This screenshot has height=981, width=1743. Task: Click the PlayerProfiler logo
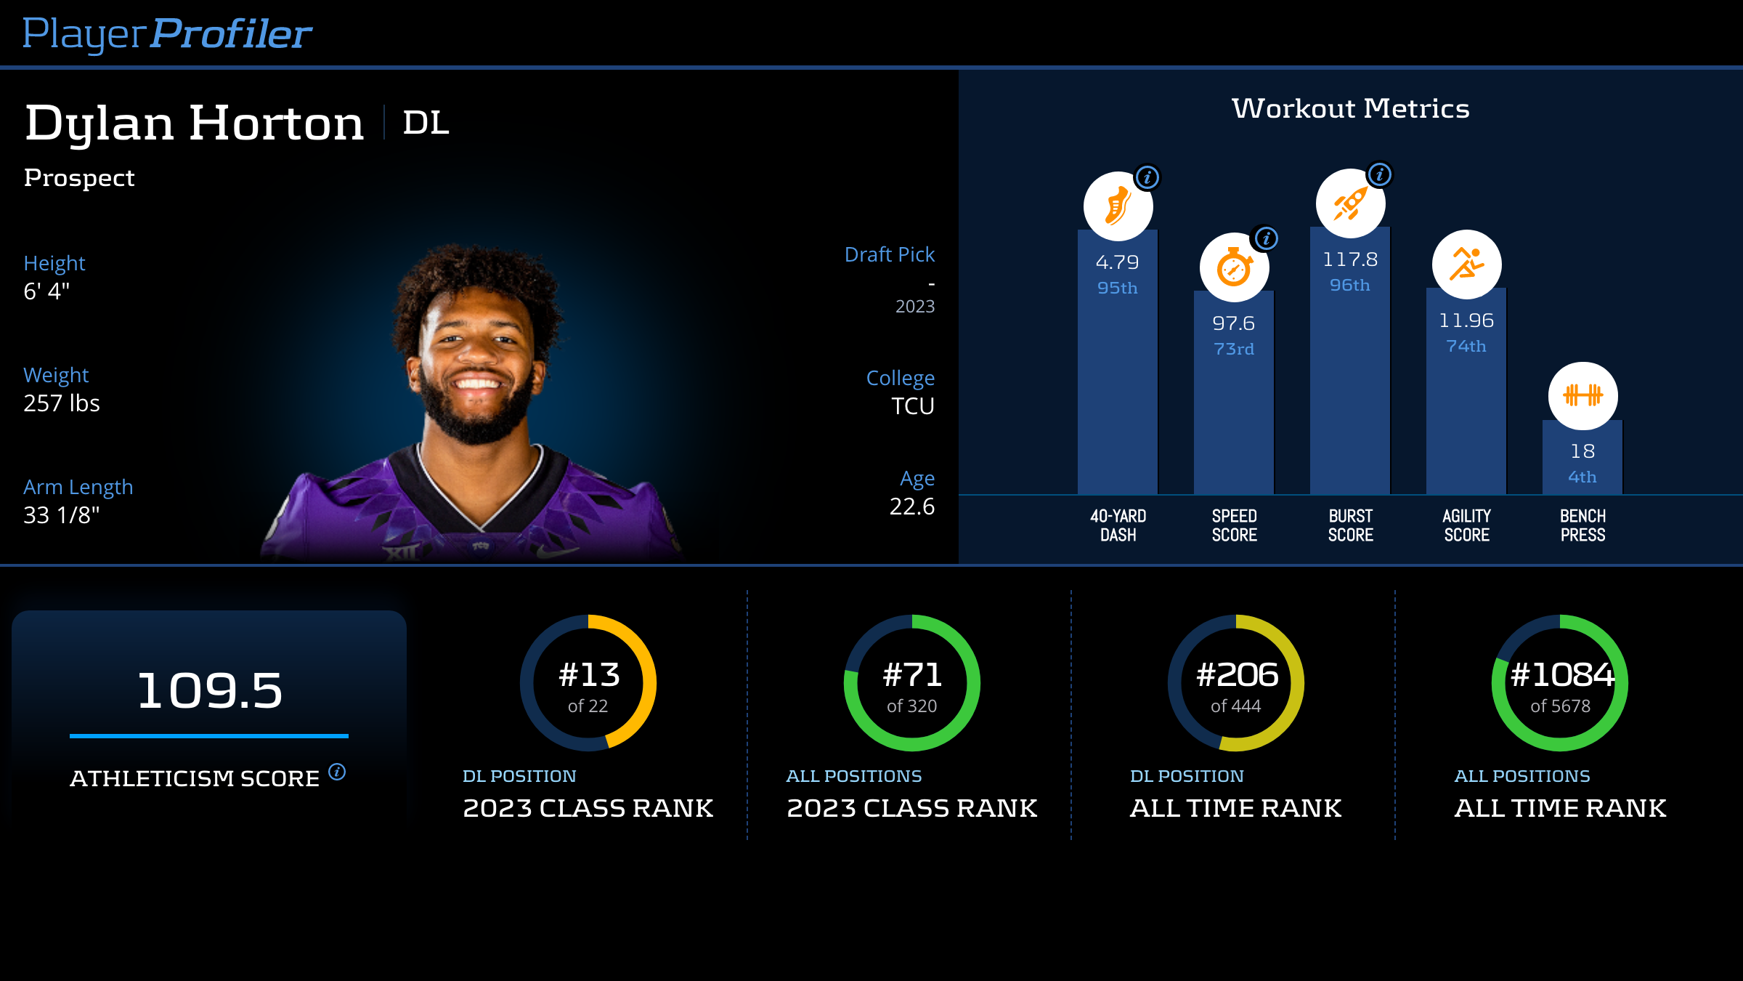(x=167, y=34)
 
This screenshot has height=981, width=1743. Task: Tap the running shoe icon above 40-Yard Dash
(x=1118, y=206)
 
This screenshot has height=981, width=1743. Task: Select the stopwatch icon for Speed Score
(x=1234, y=267)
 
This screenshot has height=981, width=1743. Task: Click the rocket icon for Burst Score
(x=1350, y=203)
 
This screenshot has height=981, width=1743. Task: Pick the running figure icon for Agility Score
(x=1466, y=265)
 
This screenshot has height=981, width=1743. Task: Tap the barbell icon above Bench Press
(x=1582, y=395)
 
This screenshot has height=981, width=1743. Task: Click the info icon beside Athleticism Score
(x=337, y=772)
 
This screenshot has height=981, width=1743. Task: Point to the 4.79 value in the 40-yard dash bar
(x=1117, y=262)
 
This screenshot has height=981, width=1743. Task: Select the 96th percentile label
(x=1349, y=285)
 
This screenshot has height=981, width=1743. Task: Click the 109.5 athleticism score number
(x=209, y=690)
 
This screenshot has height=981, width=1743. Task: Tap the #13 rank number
(x=588, y=674)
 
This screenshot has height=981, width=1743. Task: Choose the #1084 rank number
(x=1561, y=674)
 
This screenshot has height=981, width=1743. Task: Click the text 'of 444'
(x=1236, y=706)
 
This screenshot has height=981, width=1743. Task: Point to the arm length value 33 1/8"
(x=62, y=515)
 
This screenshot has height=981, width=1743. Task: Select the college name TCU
(x=912, y=405)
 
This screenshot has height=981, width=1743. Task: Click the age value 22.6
(x=911, y=506)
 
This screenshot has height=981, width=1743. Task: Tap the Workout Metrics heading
(x=1350, y=108)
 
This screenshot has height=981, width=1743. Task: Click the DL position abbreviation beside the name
(x=426, y=122)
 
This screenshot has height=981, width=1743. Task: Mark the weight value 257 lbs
(x=62, y=403)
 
